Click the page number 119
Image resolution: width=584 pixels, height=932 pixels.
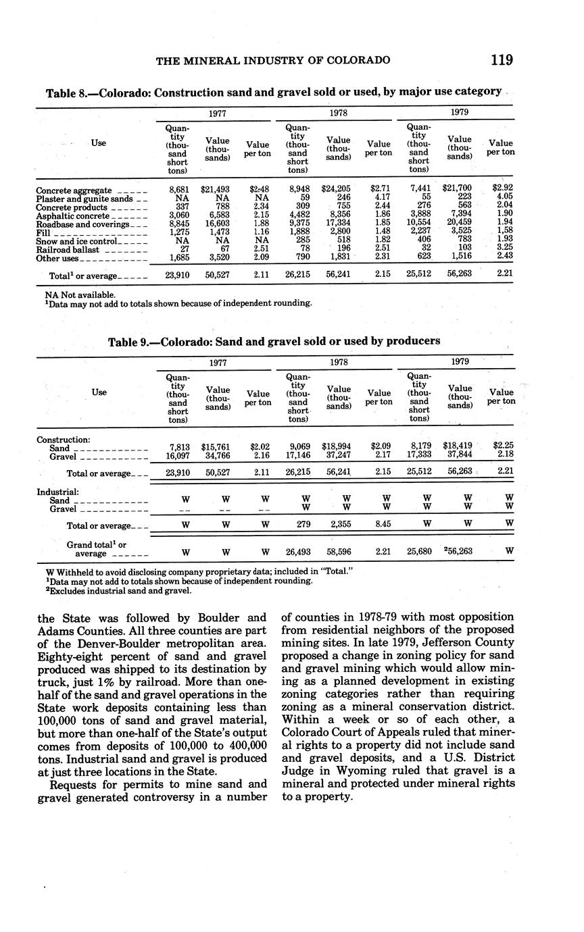coord(502,60)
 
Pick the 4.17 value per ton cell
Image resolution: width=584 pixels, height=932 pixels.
coord(379,198)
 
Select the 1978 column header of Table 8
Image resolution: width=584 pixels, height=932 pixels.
coord(339,113)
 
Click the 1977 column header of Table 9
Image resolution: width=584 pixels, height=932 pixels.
coord(217,363)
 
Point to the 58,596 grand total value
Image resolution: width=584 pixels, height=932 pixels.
coord(339,551)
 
